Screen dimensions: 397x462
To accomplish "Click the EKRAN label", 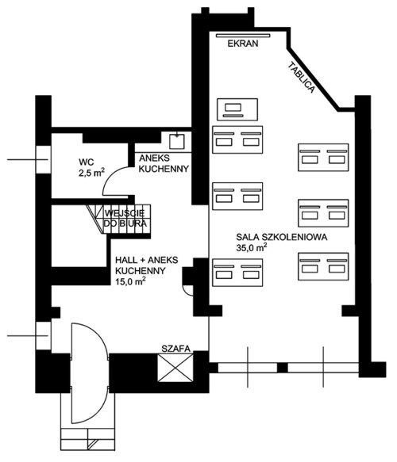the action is tap(243, 44).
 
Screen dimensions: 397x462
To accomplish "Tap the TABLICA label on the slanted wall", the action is tap(301, 78).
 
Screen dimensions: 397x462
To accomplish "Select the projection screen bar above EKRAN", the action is tap(243, 36).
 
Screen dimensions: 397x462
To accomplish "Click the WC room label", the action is tap(87, 162).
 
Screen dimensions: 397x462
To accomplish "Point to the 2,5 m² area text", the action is tap(91, 173).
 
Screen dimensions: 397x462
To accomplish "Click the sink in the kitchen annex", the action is tap(177, 141).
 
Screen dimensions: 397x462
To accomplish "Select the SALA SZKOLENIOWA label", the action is tap(282, 237).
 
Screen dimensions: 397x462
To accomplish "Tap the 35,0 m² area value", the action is tap(252, 247).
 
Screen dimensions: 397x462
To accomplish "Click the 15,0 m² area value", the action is tap(130, 281).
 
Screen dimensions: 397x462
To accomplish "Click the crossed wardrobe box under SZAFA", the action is tap(175, 368).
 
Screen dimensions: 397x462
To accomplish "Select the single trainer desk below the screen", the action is tap(237, 109).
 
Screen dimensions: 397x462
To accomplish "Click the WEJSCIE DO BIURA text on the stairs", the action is tap(125, 219).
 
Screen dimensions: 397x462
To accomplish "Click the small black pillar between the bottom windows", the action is tap(283, 368).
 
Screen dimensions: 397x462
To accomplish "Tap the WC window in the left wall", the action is tap(44, 160).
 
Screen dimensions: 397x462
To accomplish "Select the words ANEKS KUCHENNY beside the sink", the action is tap(164, 163).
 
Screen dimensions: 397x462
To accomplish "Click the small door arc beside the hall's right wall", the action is tap(187, 291).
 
